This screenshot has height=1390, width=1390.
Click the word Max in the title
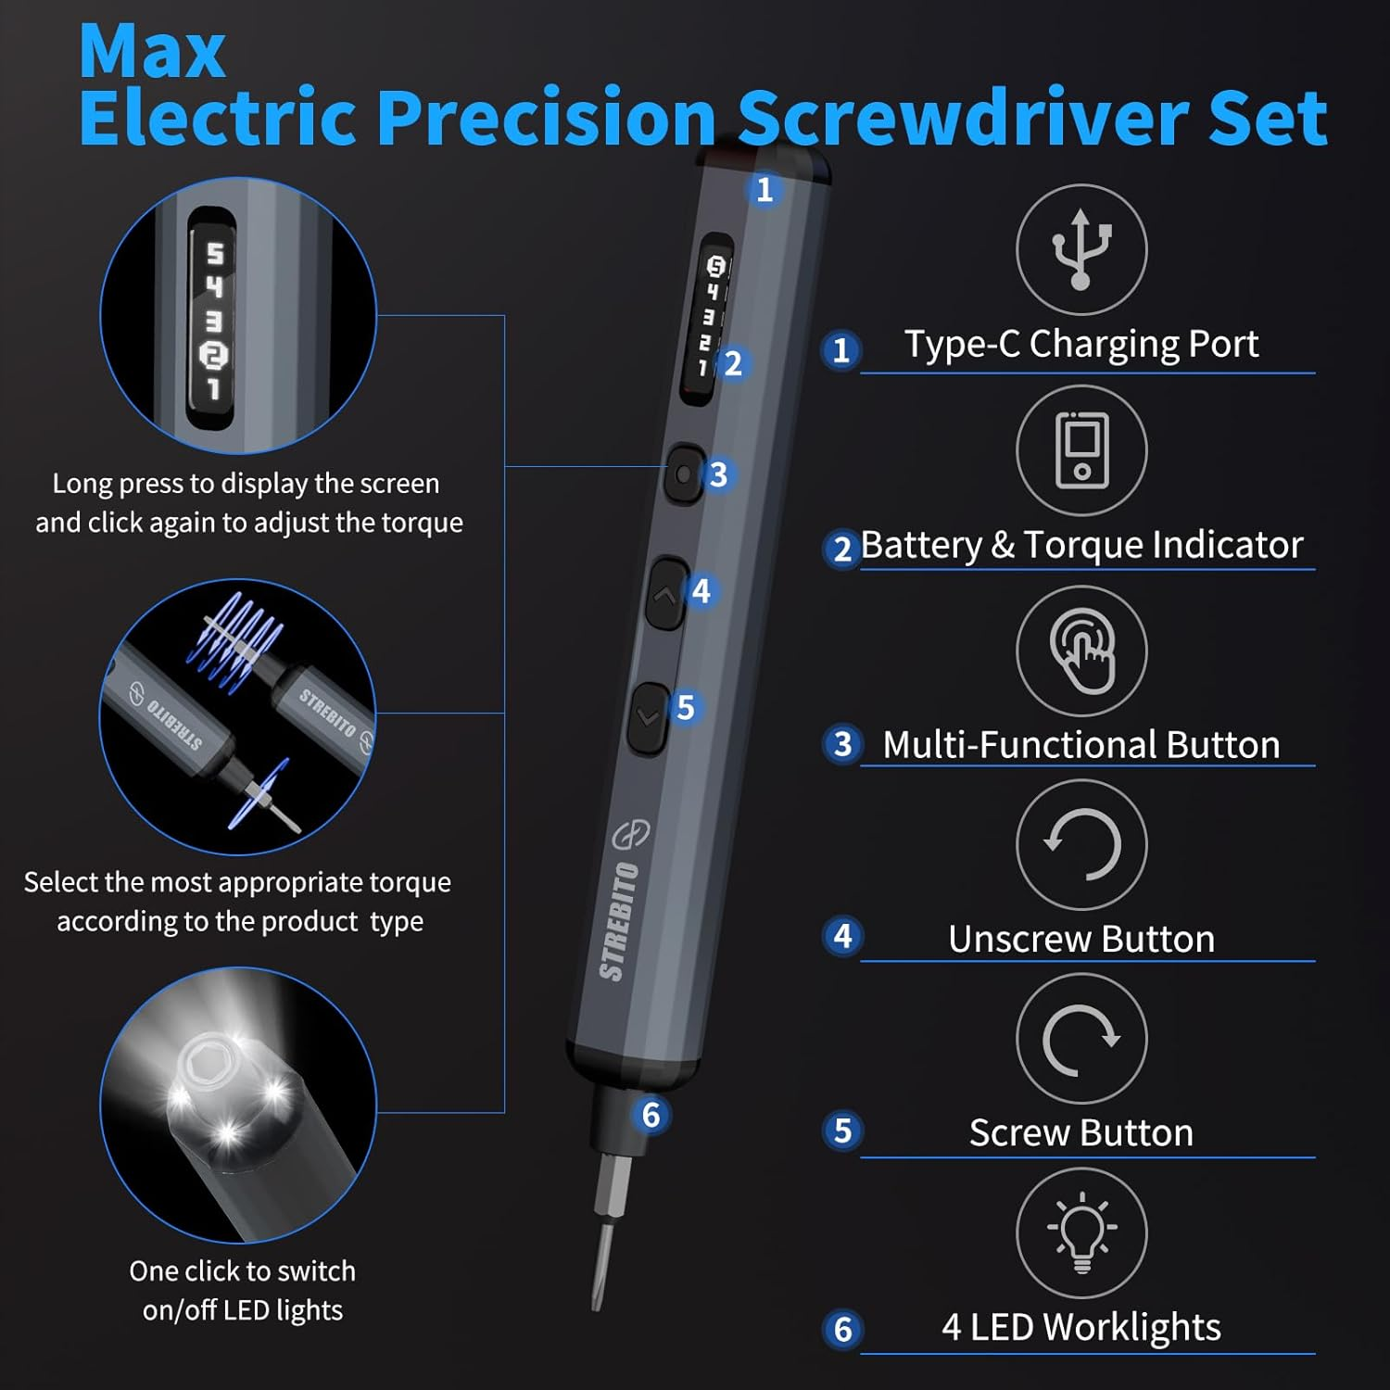(151, 52)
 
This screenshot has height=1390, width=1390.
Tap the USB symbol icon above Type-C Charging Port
(1080, 249)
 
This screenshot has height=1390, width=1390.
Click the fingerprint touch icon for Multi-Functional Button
(1081, 651)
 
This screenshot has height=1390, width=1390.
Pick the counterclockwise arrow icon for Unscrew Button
(1081, 844)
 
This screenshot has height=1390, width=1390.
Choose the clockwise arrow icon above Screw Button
(1081, 1039)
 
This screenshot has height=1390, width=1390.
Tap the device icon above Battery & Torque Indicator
(1081, 450)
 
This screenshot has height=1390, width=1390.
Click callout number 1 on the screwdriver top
(764, 190)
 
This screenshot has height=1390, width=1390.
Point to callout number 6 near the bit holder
(651, 1115)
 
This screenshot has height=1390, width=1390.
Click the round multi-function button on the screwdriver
(684, 474)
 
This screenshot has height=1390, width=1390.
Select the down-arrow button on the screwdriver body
(649, 716)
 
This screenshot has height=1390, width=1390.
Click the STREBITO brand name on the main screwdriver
(619, 921)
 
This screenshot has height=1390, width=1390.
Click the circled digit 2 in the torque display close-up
(214, 355)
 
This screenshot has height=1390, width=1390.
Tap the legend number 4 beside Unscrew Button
(842, 936)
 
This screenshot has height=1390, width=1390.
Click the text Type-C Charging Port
(1080, 345)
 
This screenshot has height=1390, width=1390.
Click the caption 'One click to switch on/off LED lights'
(242, 1290)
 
